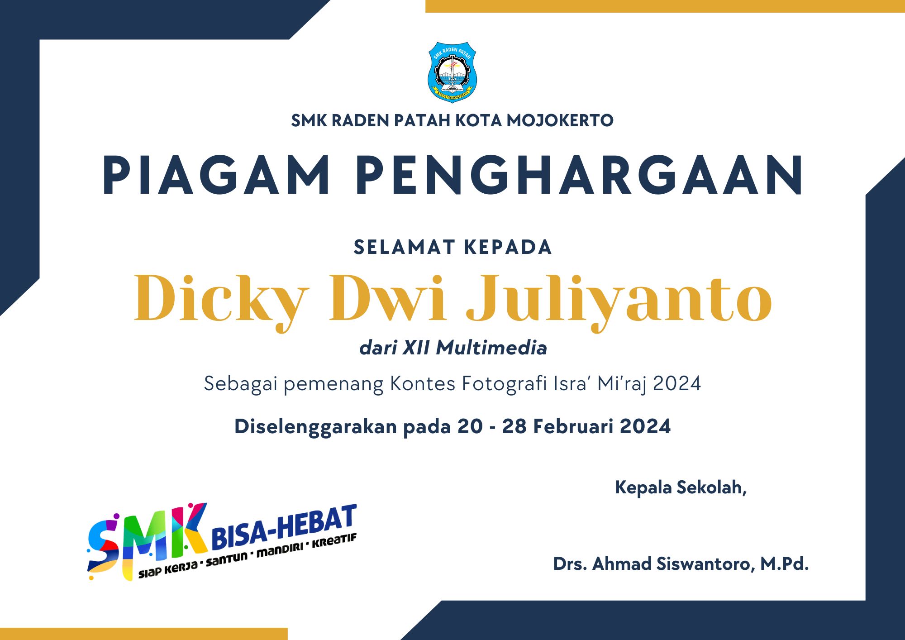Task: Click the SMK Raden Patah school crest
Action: (x=452, y=72)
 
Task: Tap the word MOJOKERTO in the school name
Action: (x=560, y=121)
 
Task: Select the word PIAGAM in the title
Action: (x=216, y=175)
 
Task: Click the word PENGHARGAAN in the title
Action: (x=580, y=175)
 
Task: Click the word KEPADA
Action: (x=508, y=248)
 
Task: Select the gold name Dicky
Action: (x=221, y=301)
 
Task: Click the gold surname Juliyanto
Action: (x=619, y=301)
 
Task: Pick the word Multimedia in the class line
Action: (x=491, y=348)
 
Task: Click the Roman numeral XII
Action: (x=416, y=348)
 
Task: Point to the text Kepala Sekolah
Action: (x=680, y=487)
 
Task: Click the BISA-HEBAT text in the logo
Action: (x=284, y=526)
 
